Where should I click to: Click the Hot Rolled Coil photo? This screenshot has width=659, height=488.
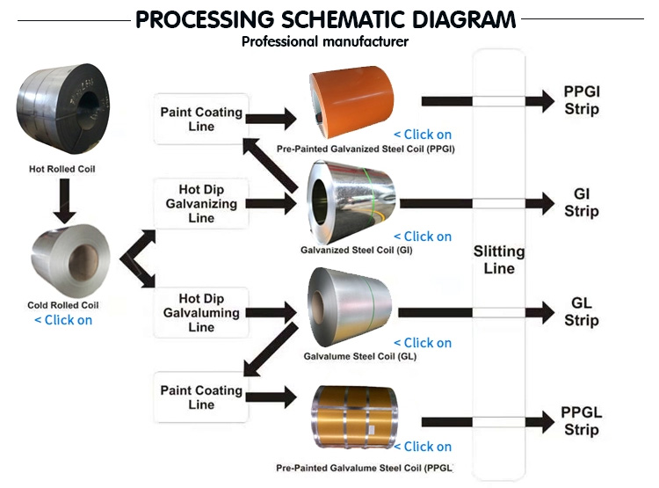(63, 108)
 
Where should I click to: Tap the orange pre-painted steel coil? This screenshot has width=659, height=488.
(351, 102)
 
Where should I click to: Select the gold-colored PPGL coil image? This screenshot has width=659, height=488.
(355, 418)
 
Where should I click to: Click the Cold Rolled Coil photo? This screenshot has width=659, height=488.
(69, 260)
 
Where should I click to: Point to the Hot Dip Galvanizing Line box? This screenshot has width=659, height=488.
(201, 204)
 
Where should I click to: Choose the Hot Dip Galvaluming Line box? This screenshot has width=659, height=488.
(201, 312)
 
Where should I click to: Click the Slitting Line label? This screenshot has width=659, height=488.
(499, 259)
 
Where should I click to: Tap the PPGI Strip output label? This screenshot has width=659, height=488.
(582, 100)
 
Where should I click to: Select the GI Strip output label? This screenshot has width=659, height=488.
(582, 202)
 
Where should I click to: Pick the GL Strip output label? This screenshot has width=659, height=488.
(582, 311)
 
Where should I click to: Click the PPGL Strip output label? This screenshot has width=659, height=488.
(582, 420)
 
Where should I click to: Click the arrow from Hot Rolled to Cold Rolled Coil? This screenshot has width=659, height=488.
(64, 201)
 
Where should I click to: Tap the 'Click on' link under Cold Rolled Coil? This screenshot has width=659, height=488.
(63, 320)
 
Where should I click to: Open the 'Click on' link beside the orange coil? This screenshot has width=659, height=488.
(423, 135)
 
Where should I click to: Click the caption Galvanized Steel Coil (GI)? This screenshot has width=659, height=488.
(357, 251)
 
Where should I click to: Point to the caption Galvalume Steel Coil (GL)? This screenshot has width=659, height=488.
(360, 356)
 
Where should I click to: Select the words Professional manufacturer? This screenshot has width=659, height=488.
(325, 41)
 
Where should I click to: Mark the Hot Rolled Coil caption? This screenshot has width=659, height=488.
(62, 169)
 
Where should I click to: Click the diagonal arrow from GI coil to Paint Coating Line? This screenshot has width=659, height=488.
(271, 166)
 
